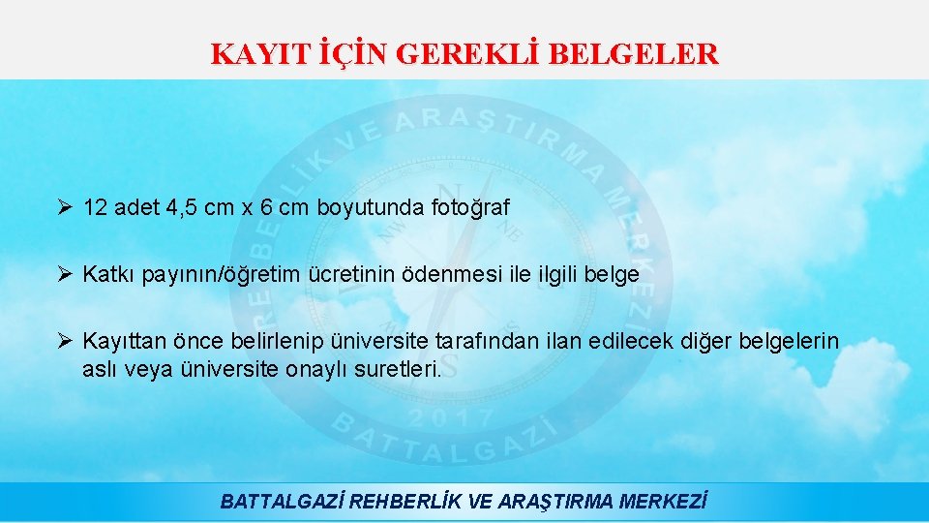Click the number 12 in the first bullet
[x=96, y=207]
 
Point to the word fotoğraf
[x=468, y=207]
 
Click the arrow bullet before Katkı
[x=65, y=274]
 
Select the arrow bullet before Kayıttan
[x=65, y=341]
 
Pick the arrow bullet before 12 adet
[x=65, y=207]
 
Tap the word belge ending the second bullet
[x=612, y=274]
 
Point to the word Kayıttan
[x=123, y=341]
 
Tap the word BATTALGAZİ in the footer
[x=283, y=502]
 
